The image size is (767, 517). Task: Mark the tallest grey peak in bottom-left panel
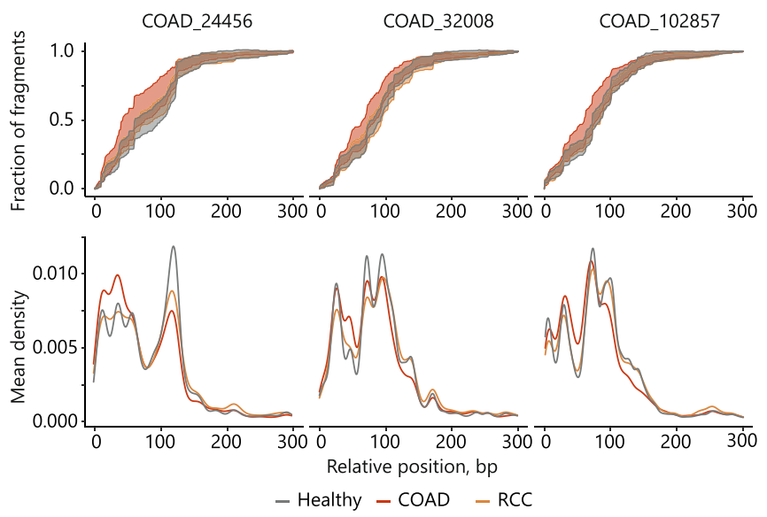point(174,247)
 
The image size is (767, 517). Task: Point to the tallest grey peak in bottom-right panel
point(592,249)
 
